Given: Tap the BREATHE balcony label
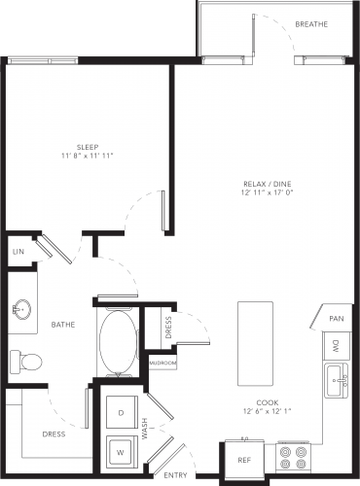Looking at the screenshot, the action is click(x=311, y=24).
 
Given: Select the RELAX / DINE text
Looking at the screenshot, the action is click(x=268, y=184).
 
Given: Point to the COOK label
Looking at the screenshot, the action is click(x=268, y=402).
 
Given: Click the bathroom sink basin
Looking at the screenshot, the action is click(x=22, y=309).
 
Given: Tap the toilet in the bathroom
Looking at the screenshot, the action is click(x=26, y=362).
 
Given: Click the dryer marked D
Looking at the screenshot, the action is click(x=122, y=412).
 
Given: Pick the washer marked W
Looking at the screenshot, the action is click(x=122, y=451).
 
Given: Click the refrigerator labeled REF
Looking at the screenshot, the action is click(x=244, y=460).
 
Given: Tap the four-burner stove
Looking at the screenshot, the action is click(x=293, y=457).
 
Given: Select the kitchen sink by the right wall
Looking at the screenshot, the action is click(x=337, y=380).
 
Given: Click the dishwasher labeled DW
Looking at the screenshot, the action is click(x=337, y=346).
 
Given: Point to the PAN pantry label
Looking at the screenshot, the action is click(x=337, y=319).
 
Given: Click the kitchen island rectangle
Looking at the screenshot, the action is click(x=255, y=344).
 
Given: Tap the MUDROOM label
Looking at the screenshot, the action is click(x=162, y=364).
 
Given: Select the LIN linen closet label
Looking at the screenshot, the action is click(x=18, y=252).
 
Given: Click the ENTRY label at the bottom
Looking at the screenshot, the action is click(x=175, y=475).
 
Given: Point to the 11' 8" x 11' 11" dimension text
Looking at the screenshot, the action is click(x=88, y=156).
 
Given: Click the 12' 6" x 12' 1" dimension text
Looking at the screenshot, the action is click(x=268, y=411).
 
